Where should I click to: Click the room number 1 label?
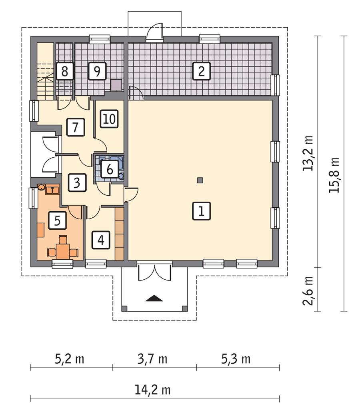(201, 211)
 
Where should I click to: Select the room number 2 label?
(201, 72)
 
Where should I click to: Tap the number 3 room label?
(77, 182)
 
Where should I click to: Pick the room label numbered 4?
(100, 240)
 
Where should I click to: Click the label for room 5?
(57, 221)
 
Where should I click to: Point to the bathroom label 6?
(109, 170)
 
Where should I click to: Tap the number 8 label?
(64, 72)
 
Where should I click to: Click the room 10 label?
(108, 119)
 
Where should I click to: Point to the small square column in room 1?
(200, 180)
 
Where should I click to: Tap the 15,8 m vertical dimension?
(334, 174)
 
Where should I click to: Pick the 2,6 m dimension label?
(308, 289)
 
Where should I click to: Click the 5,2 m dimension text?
(70, 359)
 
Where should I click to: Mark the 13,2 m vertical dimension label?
(308, 153)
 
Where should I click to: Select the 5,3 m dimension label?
(236, 359)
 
